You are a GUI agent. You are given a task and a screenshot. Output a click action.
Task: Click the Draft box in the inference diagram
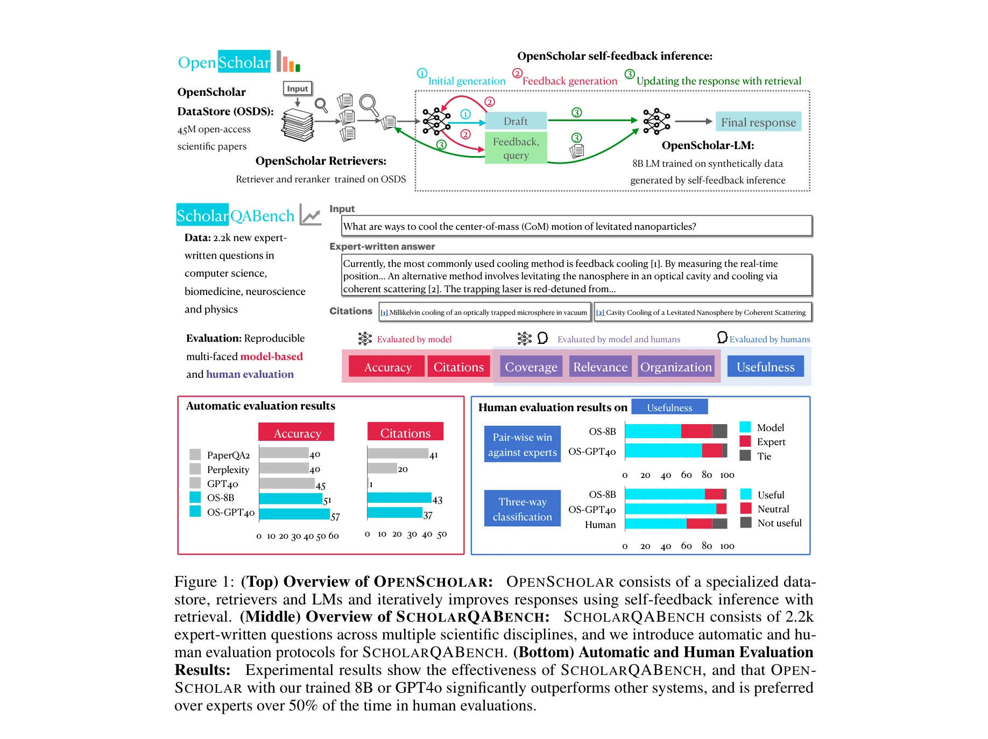click(x=516, y=121)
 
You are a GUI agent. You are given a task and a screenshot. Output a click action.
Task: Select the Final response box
click(x=758, y=122)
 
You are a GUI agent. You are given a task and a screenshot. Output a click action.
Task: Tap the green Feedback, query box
click(x=516, y=148)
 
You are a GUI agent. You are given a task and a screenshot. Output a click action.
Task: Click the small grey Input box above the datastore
click(x=297, y=89)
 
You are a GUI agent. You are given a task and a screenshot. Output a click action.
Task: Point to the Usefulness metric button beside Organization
click(x=765, y=367)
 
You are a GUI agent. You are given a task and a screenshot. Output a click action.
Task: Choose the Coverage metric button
click(x=531, y=367)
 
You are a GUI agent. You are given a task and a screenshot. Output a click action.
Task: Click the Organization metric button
click(x=676, y=367)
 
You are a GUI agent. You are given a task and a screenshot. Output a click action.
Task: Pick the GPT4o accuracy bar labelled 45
click(x=287, y=483)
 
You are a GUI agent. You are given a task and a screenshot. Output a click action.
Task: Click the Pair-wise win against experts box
click(x=522, y=445)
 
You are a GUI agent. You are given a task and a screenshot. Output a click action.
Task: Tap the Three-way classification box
click(x=522, y=509)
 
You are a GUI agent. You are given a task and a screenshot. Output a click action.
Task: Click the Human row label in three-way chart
click(x=600, y=524)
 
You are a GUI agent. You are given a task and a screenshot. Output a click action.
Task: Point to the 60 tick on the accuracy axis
click(x=334, y=536)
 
